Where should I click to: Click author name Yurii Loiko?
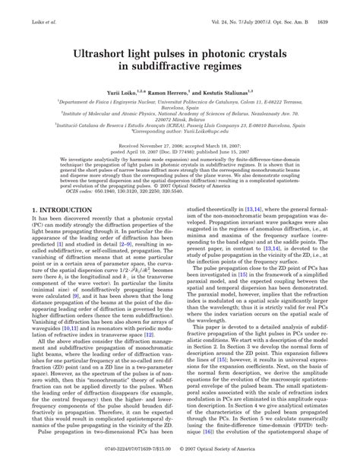[125, 90]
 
